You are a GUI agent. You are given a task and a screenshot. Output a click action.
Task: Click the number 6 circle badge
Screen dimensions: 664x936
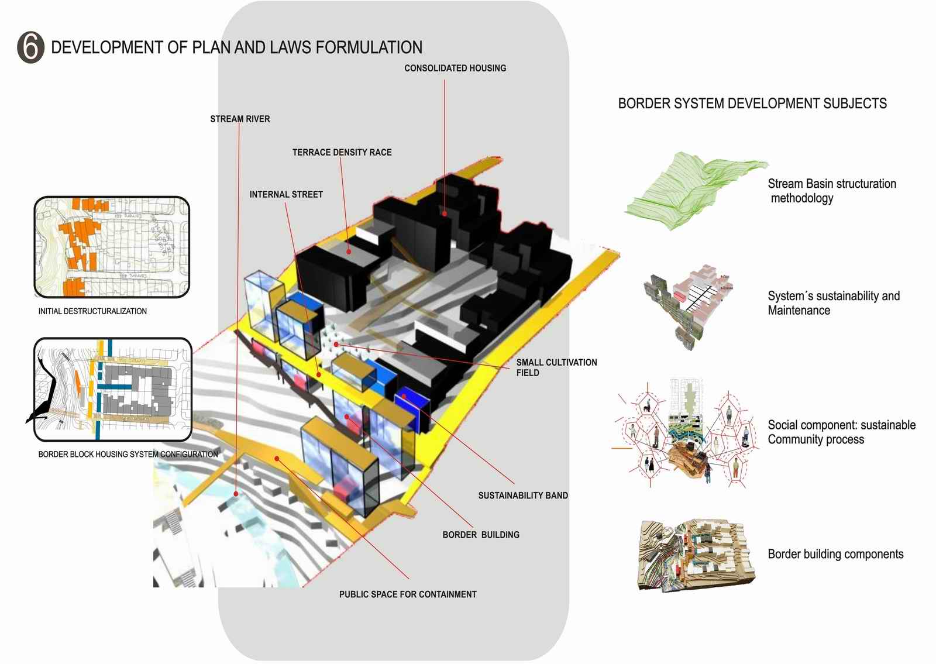click(30, 47)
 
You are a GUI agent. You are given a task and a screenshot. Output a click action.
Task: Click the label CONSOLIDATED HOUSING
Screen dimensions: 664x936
click(455, 68)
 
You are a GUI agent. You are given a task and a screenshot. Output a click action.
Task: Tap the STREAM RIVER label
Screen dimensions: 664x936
click(240, 119)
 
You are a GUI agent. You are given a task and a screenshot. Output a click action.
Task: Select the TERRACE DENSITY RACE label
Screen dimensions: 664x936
click(342, 153)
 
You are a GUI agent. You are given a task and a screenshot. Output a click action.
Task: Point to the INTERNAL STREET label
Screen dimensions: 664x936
click(286, 195)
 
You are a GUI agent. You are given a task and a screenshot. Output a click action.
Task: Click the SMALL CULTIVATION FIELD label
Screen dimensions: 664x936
click(556, 367)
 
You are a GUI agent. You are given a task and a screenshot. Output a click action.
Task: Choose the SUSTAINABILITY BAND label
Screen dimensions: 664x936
click(523, 496)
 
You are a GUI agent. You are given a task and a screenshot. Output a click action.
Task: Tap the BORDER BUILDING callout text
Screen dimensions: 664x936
click(481, 535)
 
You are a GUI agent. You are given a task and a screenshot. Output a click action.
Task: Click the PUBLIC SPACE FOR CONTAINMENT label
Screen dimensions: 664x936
click(408, 595)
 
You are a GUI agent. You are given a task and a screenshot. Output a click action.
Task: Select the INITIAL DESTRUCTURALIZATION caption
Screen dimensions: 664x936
click(92, 312)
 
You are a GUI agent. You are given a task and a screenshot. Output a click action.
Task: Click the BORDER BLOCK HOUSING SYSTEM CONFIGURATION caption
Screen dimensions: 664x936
click(128, 455)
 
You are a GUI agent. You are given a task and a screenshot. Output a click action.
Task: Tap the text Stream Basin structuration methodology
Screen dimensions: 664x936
click(831, 191)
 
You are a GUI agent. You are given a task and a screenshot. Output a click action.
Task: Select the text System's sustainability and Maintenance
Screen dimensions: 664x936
click(833, 304)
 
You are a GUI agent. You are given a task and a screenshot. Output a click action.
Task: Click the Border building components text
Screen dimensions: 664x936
click(835, 555)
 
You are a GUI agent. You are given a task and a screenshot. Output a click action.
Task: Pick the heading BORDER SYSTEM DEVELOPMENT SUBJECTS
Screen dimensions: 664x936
click(752, 104)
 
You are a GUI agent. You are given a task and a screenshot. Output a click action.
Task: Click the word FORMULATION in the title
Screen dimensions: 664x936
click(369, 47)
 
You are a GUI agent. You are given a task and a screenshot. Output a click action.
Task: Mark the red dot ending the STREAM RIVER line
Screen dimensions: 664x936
click(235, 494)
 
